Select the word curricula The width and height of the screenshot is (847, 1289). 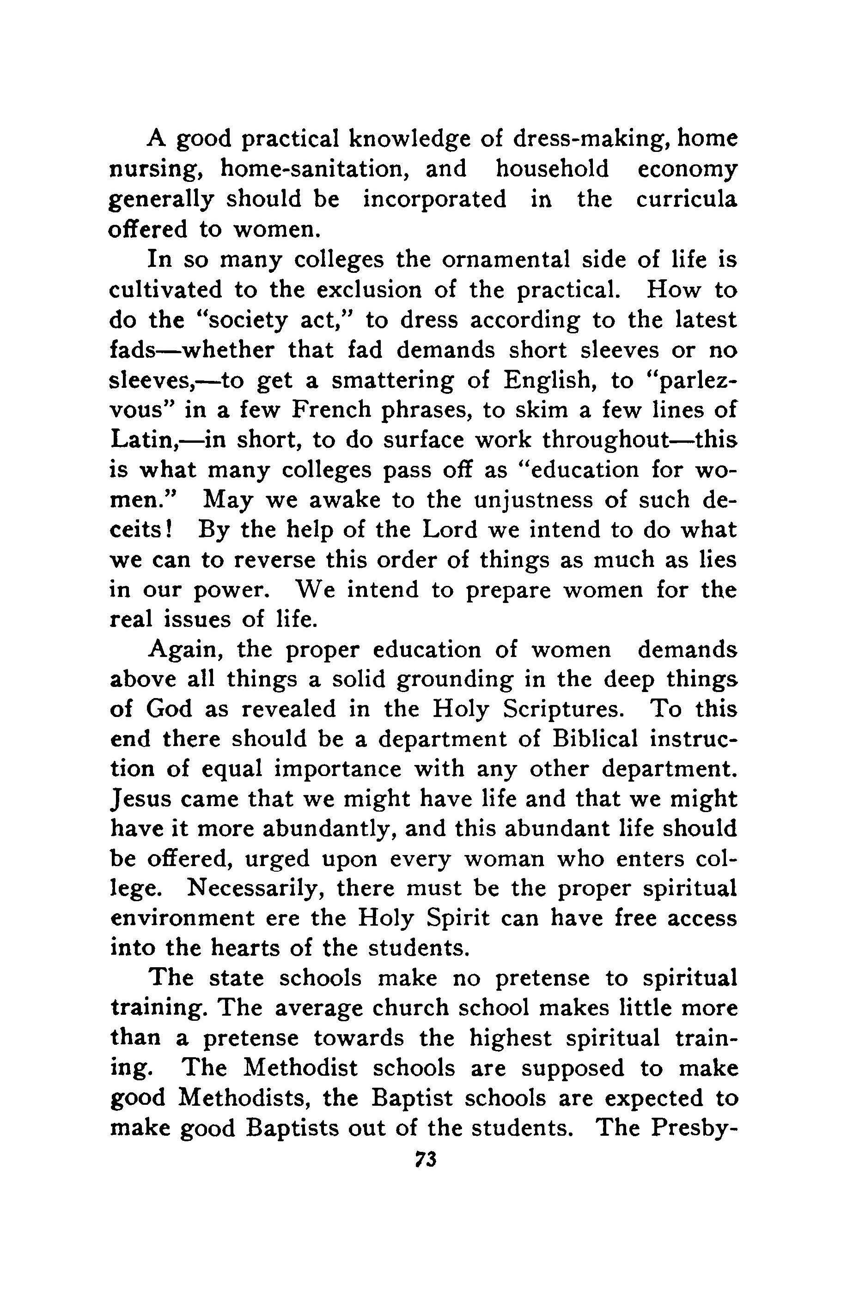(x=686, y=200)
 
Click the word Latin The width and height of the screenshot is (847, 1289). (x=141, y=440)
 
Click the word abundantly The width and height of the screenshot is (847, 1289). (x=319, y=829)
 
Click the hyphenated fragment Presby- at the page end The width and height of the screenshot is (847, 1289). (x=695, y=1129)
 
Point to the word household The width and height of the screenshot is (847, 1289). (x=552, y=169)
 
